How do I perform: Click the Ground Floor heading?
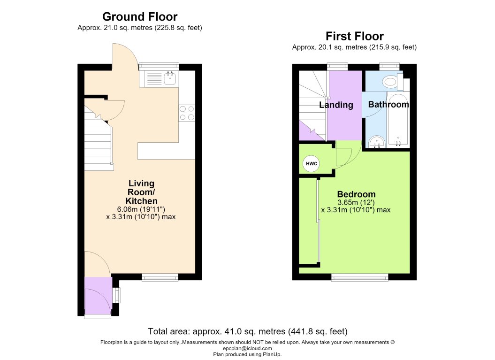pyautogui.click(x=140, y=16)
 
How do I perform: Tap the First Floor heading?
pyautogui.click(x=355, y=36)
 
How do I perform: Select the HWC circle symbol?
pyautogui.click(x=311, y=164)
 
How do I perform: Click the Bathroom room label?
pyautogui.click(x=388, y=105)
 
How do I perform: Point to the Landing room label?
pyautogui.click(x=336, y=105)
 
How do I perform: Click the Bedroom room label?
pyautogui.click(x=357, y=194)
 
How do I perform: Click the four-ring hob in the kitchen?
pyautogui.click(x=187, y=114)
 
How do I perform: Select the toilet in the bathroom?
pyautogui.click(x=396, y=82)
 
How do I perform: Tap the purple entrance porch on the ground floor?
pyautogui.click(x=98, y=296)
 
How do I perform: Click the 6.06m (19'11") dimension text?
pyautogui.click(x=141, y=209)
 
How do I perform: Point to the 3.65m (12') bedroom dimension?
pyautogui.click(x=356, y=202)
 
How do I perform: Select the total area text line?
pyautogui.click(x=248, y=331)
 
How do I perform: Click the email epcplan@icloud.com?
pyautogui.click(x=248, y=348)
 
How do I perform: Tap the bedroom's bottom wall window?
pyautogui.click(x=360, y=277)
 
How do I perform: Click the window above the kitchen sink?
pyautogui.click(x=159, y=66)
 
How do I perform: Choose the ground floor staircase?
pyautogui.click(x=99, y=138)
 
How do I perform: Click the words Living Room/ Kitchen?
pyautogui.click(x=141, y=192)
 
